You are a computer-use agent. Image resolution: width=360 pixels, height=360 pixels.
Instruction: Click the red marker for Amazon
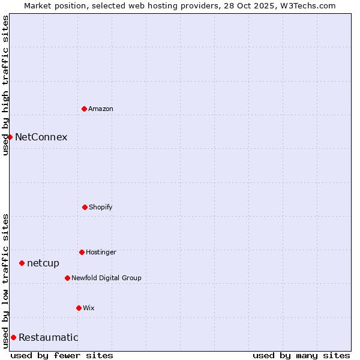(x=84, y=109)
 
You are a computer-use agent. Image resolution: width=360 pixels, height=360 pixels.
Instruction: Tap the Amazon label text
(x=101, y=109)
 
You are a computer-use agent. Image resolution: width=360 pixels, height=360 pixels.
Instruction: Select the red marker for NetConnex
(x=10, y=137)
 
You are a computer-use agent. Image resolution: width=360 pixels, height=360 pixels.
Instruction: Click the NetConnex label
(x=41, y=137)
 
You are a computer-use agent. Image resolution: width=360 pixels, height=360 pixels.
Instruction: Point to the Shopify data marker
(x=85, y=207)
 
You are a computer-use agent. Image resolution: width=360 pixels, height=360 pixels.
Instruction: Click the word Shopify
(x=101, y=208)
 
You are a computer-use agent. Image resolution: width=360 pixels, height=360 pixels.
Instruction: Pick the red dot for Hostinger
(x=82, y=252)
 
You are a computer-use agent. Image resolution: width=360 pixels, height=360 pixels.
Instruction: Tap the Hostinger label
(x=101, y=253)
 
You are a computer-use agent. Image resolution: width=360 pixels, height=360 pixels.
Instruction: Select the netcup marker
(x=22, y=263)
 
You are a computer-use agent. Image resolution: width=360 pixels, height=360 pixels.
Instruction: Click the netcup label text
(x=43, y=263)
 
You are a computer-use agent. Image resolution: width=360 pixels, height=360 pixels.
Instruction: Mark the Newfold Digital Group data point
(x=67, y=278)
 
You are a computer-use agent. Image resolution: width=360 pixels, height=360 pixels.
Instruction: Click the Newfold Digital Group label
(x=106, y=278)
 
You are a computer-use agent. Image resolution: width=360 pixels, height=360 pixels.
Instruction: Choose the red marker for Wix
(x=79, y=308)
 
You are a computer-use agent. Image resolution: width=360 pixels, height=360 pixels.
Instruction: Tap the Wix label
(x=89, y=308)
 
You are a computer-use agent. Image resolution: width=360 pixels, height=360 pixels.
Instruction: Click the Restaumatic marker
(x=13, y=337)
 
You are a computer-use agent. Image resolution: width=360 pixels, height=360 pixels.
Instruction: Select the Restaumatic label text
(x=48, y=338)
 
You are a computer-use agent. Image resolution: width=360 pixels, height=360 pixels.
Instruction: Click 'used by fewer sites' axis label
(x=62, y=355)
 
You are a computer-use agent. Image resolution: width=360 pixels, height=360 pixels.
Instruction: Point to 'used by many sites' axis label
(x=301, y=355)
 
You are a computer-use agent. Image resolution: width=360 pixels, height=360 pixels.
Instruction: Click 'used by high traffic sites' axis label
(x=5, y=85)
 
